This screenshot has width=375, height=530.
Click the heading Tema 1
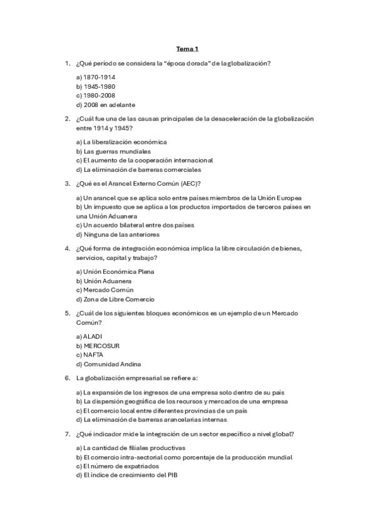[x=187, y=48]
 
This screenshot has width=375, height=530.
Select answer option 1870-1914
[x=95, y=77]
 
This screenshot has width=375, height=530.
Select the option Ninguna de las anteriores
[x=117, y=234]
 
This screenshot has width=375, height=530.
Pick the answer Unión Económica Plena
[x=115, y=271]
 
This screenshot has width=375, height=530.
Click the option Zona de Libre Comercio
[x=115, y=299]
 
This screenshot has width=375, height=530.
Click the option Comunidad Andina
[x=108, y=364]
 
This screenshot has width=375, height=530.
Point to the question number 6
[x=67, y=377]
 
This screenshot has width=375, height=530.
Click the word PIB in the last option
[x=173, y=475]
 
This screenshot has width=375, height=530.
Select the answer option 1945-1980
[x=95, y=86]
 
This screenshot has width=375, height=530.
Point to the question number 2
[x=67, y=119]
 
